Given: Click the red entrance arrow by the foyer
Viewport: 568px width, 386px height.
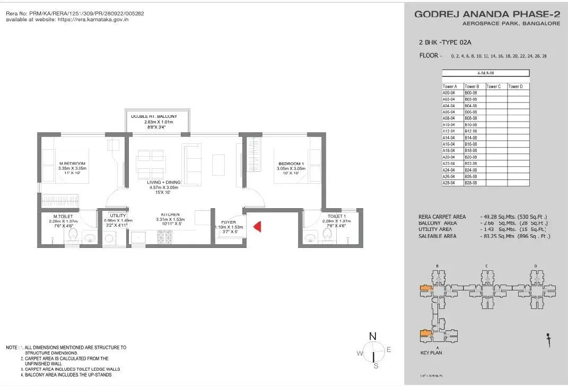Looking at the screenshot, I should [x=257, y=227].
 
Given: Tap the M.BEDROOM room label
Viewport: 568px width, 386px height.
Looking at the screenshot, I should [x=72, y=164].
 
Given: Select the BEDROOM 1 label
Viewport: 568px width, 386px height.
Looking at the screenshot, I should [x=291, y=164].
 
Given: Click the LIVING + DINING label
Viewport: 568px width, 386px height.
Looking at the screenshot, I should [x=164, y=182].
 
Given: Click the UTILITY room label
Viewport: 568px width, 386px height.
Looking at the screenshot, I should [x=118, y=216].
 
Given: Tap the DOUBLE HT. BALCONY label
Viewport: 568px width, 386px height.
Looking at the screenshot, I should [x=154, y=116].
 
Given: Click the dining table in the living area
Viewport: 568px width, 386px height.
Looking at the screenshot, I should [x=150, y=164].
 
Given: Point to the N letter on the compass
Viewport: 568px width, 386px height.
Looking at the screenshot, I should [x=373, y=336].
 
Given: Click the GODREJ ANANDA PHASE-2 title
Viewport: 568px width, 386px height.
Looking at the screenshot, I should [x=486, y=14].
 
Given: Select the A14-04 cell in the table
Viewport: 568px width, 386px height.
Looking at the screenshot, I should [x=449, y=138].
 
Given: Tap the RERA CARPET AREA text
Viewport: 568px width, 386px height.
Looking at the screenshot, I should [x=442, y=217].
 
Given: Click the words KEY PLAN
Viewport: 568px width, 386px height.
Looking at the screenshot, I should [x=431, y=353].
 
